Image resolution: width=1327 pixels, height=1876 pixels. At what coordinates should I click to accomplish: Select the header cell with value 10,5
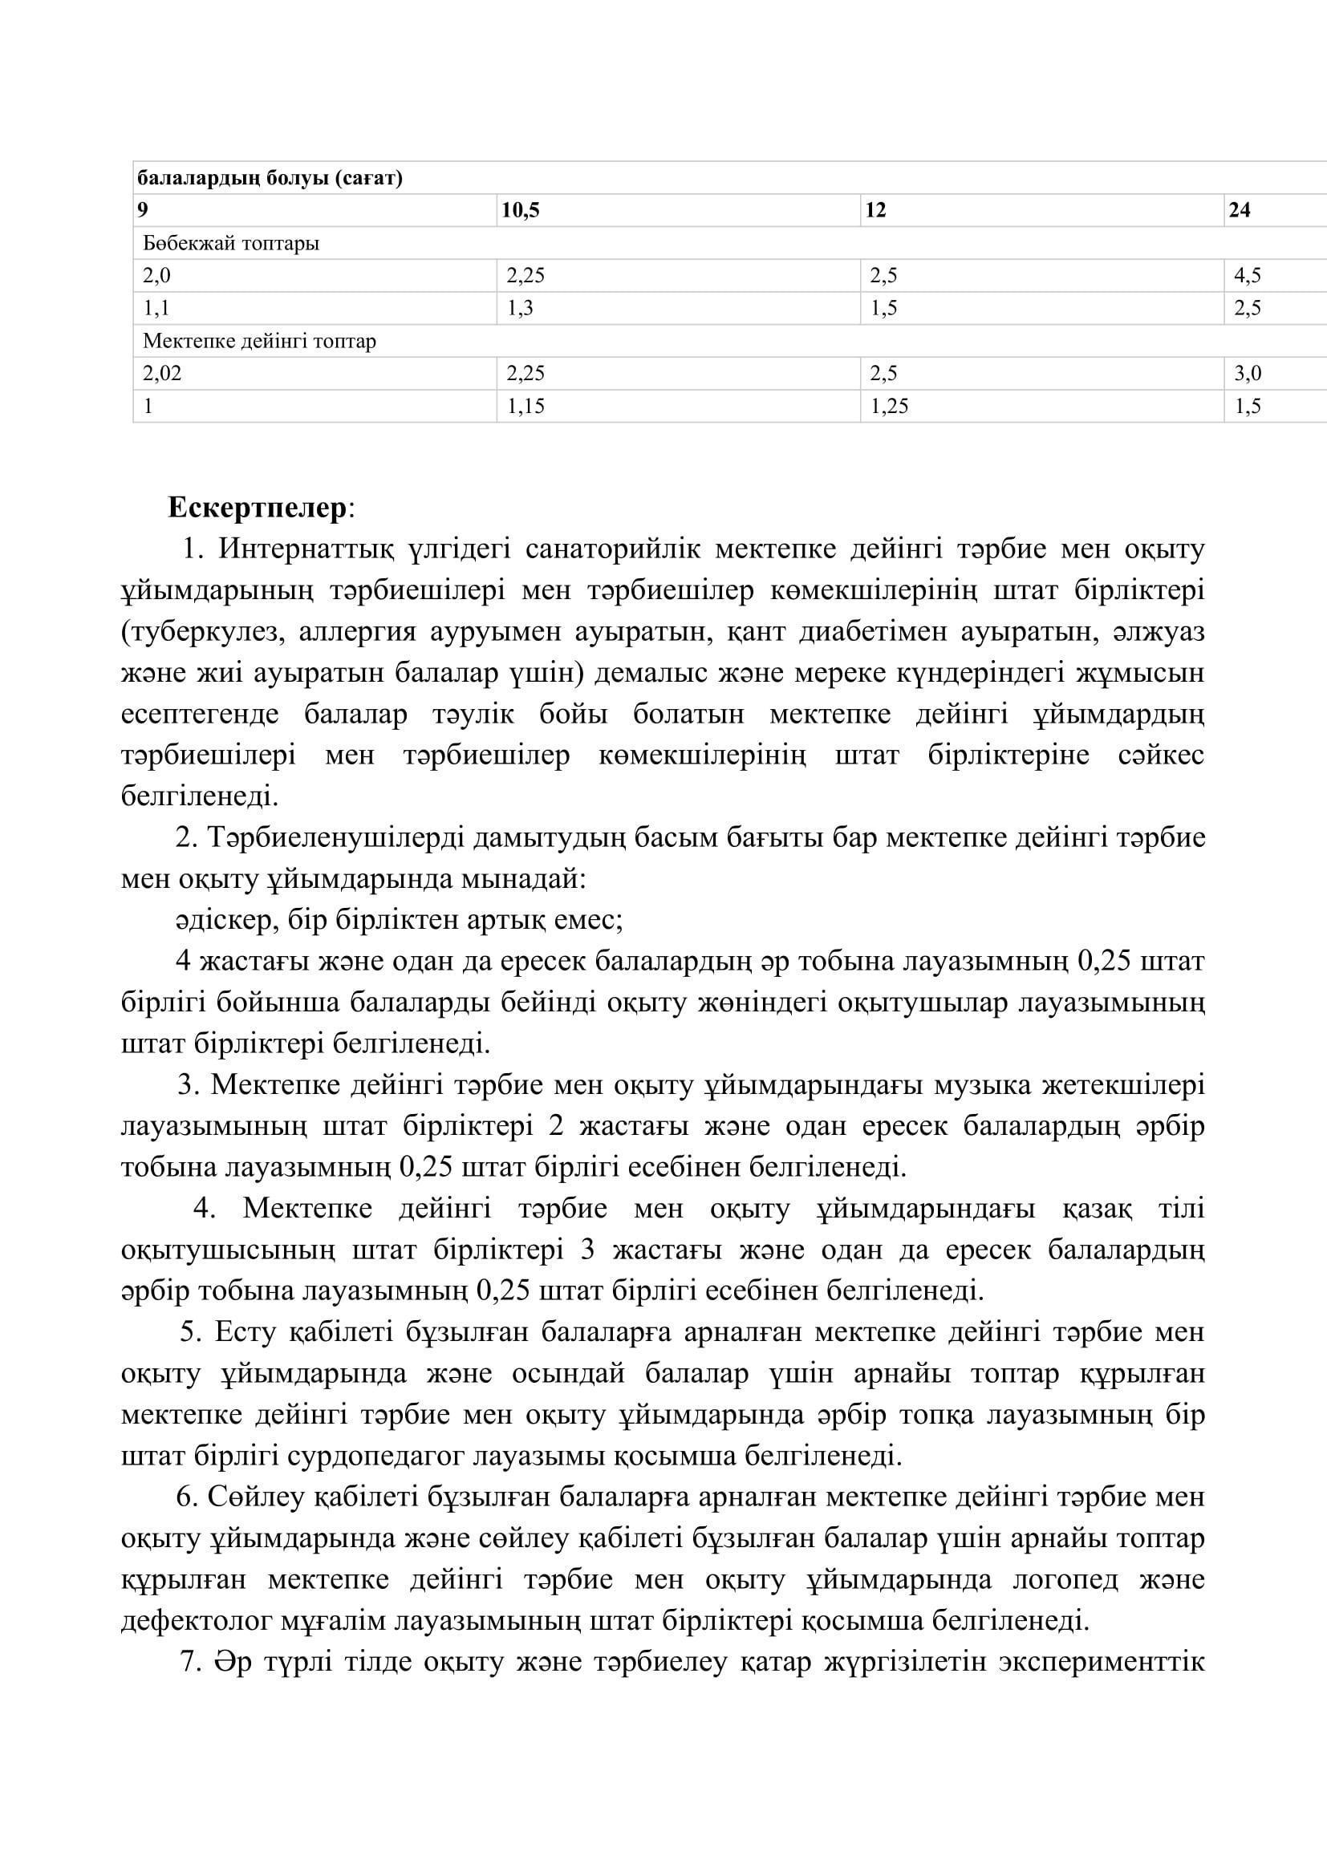coord(521,211)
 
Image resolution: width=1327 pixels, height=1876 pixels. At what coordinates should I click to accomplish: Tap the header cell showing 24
coord(1239,211)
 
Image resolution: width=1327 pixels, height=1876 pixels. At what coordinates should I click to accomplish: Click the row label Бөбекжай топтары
coord(231,244)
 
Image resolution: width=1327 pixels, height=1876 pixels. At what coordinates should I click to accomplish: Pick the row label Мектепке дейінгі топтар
coord(260,341)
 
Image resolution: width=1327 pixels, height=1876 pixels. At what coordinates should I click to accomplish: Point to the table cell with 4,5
coord(1247,275)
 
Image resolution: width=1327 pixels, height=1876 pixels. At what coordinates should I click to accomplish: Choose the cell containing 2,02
coord(163,374)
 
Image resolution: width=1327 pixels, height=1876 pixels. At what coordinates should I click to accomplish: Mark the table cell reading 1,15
coord(526,406)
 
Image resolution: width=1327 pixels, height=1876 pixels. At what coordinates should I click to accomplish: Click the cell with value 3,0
coord(1247,374)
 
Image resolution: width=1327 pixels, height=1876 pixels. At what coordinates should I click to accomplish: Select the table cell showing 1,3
coord(520,308)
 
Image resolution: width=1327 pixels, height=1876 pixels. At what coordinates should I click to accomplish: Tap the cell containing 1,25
coord(889,406)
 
